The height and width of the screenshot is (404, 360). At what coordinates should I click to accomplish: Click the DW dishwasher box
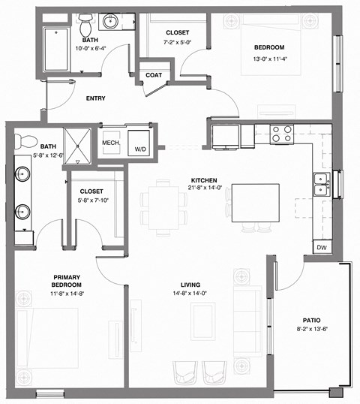click(322, 247)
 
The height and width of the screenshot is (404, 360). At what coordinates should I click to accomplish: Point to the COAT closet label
click(154, 74)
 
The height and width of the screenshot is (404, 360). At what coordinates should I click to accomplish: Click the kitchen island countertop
click(255, 203)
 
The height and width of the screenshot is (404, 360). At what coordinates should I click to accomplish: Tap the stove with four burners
click(280, 134)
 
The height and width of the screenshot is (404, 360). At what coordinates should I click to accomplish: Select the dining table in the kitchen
click(163, 207)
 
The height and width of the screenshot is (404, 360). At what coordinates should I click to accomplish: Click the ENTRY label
click(95, 98)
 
